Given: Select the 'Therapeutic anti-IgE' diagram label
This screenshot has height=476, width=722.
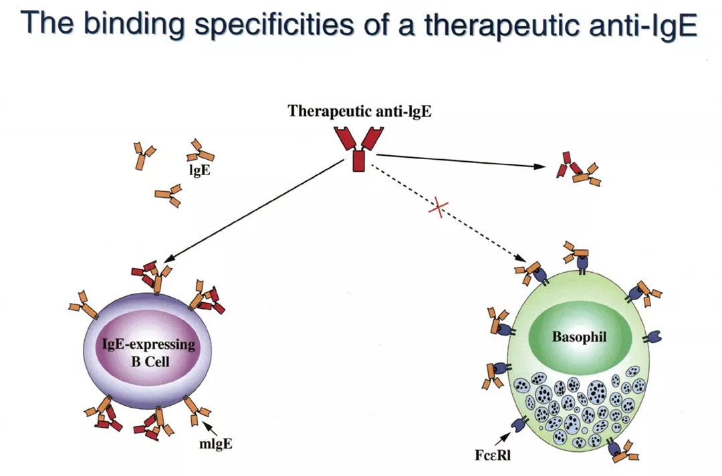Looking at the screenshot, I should tap(360, 111).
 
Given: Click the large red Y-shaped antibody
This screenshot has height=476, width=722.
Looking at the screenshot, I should tap(360, 148).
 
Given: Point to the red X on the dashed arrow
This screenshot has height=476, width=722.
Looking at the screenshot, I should tap(436, 207).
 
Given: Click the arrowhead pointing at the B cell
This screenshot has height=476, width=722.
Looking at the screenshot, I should tap(166, 260).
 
